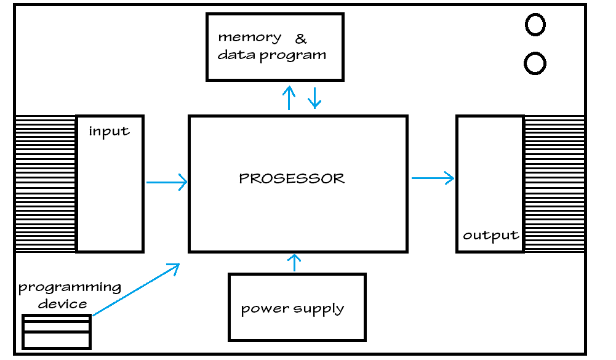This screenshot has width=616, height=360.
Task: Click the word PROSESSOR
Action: (x=292, y=179)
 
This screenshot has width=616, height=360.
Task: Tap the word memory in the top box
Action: (x=250, y=38)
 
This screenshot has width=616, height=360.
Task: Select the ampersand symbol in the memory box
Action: (x=301, y=39)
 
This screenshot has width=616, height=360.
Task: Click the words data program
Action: (x=271, y=55)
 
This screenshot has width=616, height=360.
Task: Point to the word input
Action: (x=109, y=131)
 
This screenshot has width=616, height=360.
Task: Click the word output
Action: (x=490, y=236)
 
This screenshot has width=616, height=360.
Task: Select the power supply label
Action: (x=292, y=309)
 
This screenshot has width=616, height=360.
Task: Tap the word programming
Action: (x=70, y=288)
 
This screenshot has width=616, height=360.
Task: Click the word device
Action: (x=62, y=303)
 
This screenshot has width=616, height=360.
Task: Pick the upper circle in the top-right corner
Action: (x=535, y=25)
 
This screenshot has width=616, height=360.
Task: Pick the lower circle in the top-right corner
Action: (x=535, y=63)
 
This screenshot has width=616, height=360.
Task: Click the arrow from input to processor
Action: (x=167, y=182)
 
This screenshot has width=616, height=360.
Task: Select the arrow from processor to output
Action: (x=433, y=178)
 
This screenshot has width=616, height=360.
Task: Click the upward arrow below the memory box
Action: (x=289, y=97)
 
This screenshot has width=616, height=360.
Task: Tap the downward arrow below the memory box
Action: (x=315, y=97)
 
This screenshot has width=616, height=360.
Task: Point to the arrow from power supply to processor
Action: (x=295, y=263)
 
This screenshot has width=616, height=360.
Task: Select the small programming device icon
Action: (x=56, y=332)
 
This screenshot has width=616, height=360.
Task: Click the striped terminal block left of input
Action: (x=45, y=183)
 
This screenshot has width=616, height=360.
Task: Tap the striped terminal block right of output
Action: (x=554, y=183)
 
